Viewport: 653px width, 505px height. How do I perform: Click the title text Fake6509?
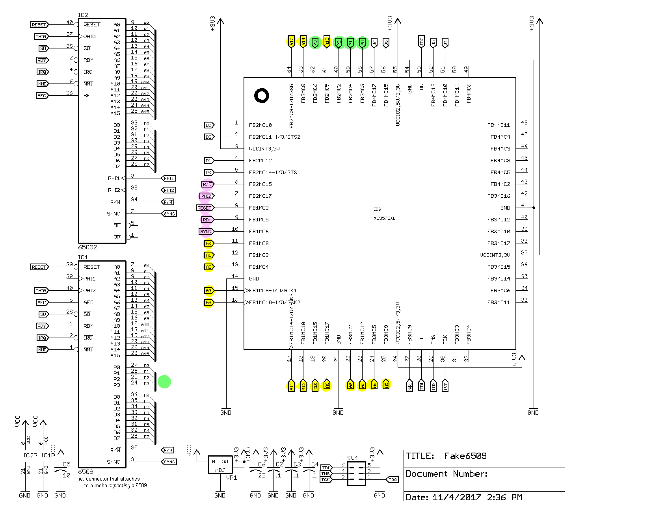465,456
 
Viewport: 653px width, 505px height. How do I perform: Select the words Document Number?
446,474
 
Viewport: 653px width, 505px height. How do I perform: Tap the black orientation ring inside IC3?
262,95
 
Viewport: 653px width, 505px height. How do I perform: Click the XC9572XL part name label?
384,218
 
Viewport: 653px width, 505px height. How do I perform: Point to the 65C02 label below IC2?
87,247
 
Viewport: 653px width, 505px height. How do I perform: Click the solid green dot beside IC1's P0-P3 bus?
164,381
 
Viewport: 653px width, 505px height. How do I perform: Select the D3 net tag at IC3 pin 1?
209,125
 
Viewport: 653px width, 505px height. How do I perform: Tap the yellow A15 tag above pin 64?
291,41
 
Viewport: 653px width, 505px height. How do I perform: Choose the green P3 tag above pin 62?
315,43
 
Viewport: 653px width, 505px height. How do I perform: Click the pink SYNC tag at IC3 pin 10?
206,232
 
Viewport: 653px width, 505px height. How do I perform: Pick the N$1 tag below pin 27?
410,386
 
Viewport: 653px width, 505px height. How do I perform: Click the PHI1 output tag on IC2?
169,178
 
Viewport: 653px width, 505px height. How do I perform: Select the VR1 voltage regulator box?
220,465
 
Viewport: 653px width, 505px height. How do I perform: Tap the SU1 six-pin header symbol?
356,473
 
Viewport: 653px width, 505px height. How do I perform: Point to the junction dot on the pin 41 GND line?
534,208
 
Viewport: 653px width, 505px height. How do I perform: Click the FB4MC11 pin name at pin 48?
499,125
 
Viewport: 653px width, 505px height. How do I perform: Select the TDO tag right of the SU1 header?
393,479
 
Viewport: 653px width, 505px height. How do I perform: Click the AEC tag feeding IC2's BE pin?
42,96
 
